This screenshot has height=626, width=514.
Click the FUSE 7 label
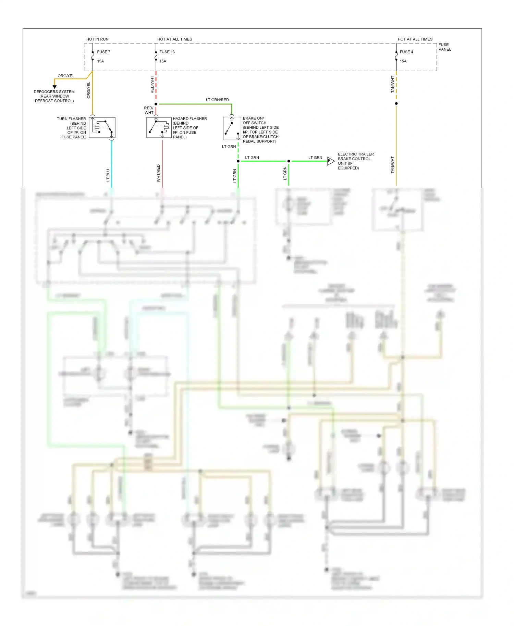pyautogui.click(x=103, y=52)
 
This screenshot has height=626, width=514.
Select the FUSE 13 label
pyautogui.click(x=167, y=52)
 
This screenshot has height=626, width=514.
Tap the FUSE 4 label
pyautogui.click(x=406, y=52)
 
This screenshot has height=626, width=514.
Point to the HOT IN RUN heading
pyautogui.click(x=97, y=39)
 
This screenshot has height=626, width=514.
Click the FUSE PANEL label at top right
pyautogui.click(x=444, y=47)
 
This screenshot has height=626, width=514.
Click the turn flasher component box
pyautogui.click(x=102, y=128)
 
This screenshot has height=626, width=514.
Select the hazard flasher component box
pyautogui.click(x=159, y=128)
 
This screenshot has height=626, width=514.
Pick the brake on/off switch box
pyautogui.click(x=232, y=128)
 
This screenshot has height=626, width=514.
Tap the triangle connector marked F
pyautogui.click(x=330, y=161)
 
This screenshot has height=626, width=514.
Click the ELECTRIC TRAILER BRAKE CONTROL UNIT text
pyautogui.click(x=355, y=161)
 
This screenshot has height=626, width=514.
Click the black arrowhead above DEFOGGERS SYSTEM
pyautogui.click(x=54, y=87)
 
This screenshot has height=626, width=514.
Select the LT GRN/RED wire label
pyautogui.click(x=217, y=100)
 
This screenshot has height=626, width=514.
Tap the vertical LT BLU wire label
pyautogui.click(x=108, y=175)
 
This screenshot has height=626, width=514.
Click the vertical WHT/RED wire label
pyautogui.click(x=158, y=173)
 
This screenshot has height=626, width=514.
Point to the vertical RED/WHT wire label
pyautogui.click(x=152, y=85)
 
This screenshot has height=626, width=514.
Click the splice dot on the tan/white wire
pyautogui.click(x=396, y=103)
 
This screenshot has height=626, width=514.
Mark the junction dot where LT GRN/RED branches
pyautogui.click(x=156, y=104)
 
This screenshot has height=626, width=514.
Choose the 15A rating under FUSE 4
pyautogui.click(x=403, y=61)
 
